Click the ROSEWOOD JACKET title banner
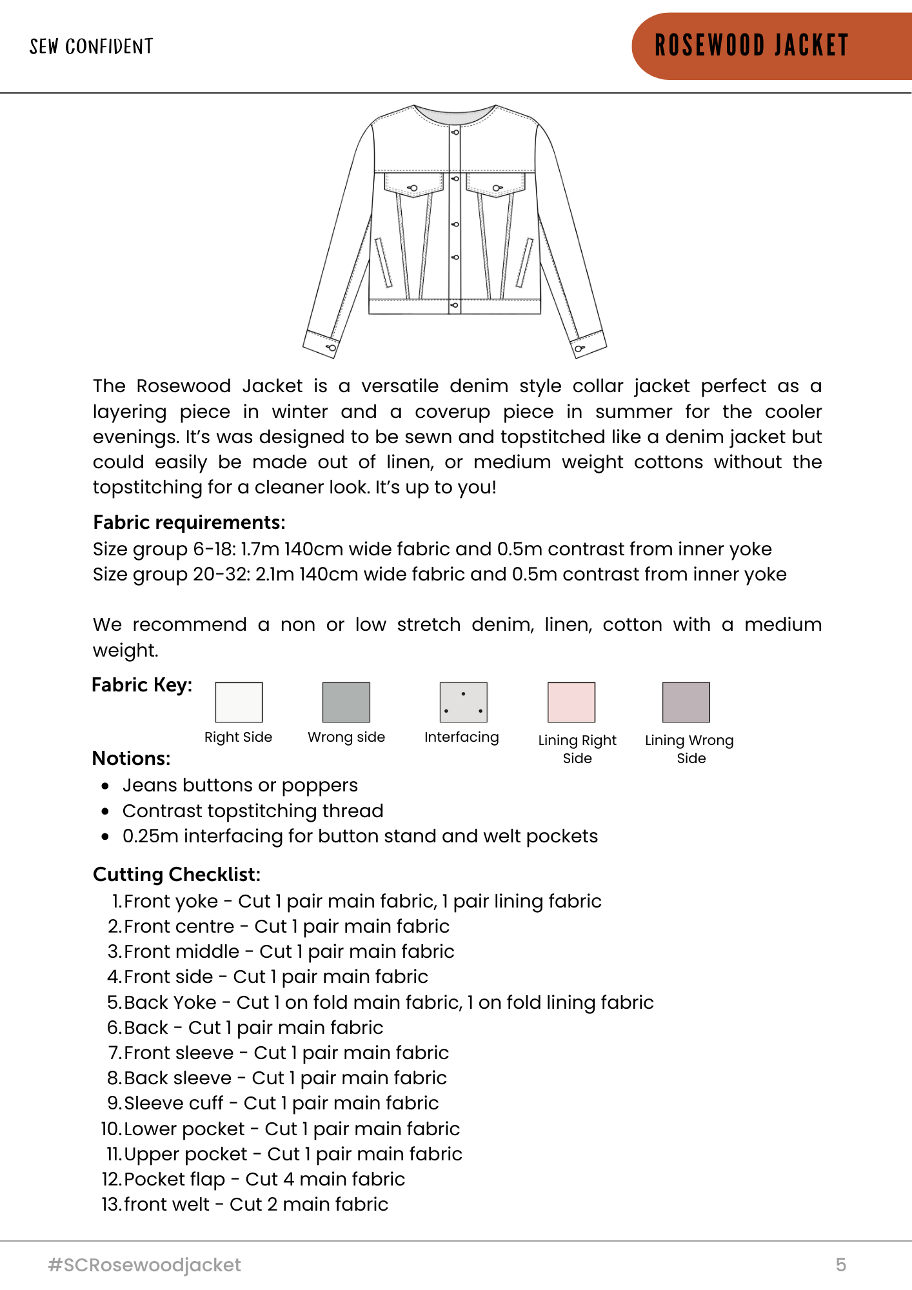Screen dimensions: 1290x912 [x=751, y=46]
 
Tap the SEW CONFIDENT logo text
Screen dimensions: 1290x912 [x=91, y=46]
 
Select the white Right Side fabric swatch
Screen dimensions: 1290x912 [x=239, y=702]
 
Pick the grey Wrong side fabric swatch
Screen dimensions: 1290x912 [x=346, y=702]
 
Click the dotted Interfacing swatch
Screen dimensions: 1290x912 [x=463, y=702]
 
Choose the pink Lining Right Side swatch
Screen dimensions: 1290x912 [x=571, y=702]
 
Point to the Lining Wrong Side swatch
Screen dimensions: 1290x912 [x=686, y=702]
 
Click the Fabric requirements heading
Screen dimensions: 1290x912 [x=189, y=522]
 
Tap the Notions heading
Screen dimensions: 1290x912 [x=131, y=758]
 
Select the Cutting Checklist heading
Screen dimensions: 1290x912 [x=177, y=875]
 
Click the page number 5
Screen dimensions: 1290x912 [x=840, y=1265]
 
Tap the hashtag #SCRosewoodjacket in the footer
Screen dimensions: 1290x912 [x=144, y=1265]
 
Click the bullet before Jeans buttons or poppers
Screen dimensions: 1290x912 [x=105, y=786]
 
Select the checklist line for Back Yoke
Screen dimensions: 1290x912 [x=381, y=1002]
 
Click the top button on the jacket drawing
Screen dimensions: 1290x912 [x=455, y=132]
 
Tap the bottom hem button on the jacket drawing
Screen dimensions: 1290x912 [x=455, y=304]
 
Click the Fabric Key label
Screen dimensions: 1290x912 [x=142, y=685]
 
